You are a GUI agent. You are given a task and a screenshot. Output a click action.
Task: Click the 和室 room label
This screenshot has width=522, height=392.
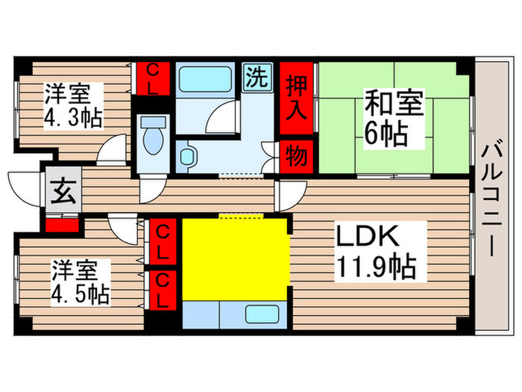[x=393, y=102]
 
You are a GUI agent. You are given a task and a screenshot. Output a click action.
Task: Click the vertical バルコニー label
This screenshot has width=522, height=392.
[x=492, y=197]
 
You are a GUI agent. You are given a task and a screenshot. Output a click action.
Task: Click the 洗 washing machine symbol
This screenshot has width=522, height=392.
[x=257, y=76]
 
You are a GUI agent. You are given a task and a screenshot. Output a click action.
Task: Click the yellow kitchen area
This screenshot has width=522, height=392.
[x=236, y=258]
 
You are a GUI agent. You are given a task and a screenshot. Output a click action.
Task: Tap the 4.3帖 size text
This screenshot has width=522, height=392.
[x=73, y=118]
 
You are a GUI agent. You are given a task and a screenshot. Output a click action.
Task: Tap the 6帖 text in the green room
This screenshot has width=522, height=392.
[x=386, y=134]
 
